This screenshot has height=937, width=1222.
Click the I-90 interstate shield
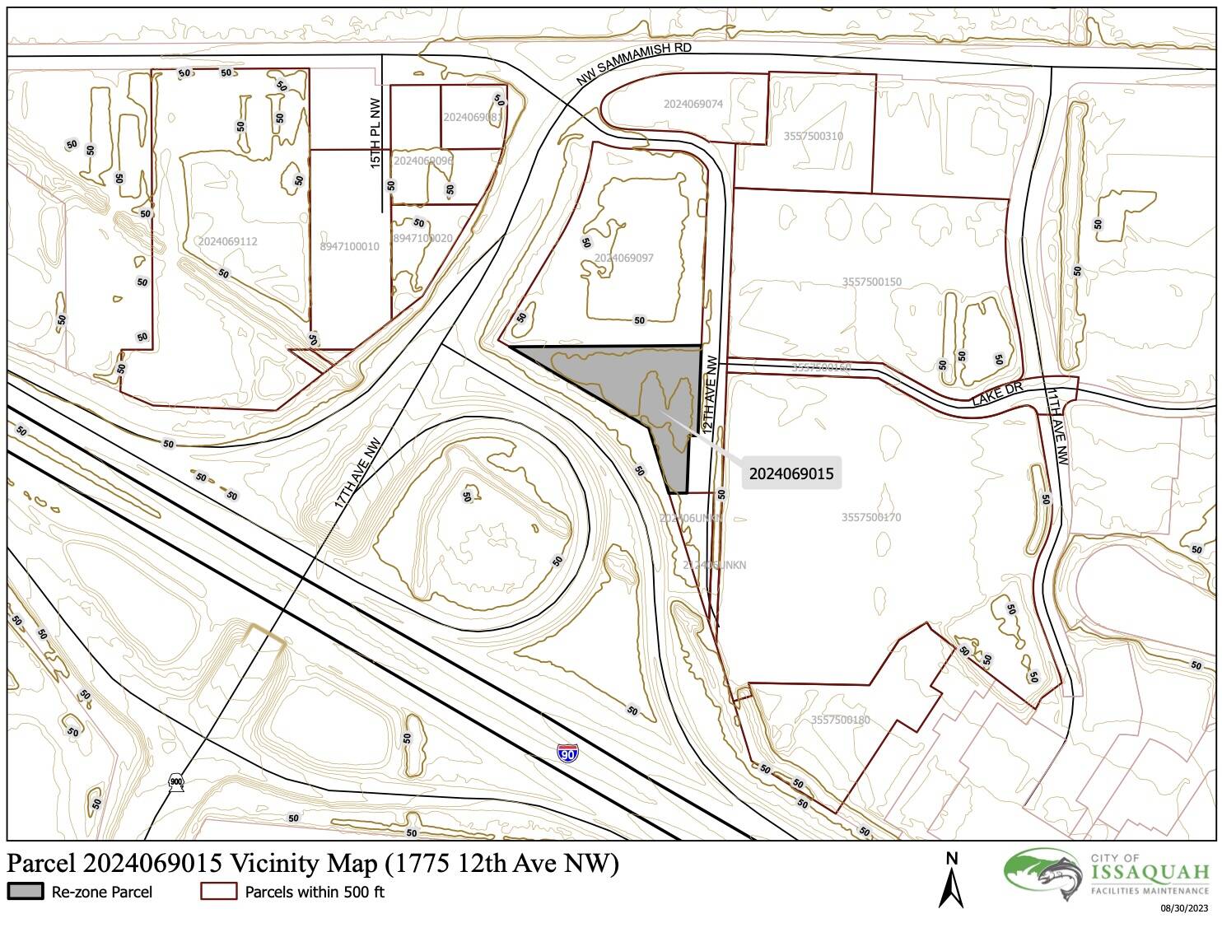pyautogui.click(x=567, y=753)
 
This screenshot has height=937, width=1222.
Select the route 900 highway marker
pyautogui.click(x=175, y=781)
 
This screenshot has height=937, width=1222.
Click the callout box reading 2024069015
pyautogui.click(x=791, y=473)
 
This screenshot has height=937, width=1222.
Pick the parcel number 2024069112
pyautogui.click(x=228, y=241)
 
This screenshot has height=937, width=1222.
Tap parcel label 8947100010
pyautogui.click(x=350, y=246)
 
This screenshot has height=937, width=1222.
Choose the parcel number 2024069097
pyautogui.click(x=624, y=258)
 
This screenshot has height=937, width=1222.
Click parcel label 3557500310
pyautogui.click(x=813, y=136)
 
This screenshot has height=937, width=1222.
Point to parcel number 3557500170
pyautogui.click(x=871, y=517)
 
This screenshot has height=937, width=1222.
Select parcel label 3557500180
pyautogui.click(x=840, y=720)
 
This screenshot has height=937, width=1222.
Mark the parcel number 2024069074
pyautogui.click(x=693, y=104)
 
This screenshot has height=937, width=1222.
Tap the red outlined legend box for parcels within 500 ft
pyautogui.click(x=218, y=892)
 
